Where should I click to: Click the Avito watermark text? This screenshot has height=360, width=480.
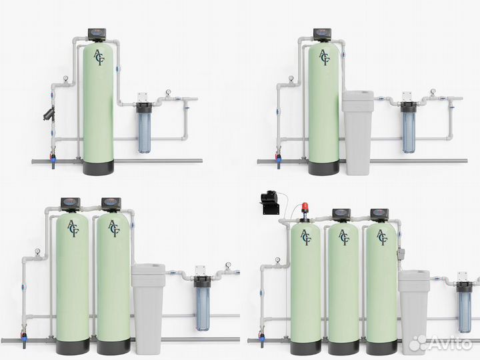451,343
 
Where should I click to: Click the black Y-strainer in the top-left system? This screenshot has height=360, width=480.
49,113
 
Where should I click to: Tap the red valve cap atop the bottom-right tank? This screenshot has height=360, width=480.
305,207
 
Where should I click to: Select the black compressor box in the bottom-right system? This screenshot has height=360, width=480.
270,203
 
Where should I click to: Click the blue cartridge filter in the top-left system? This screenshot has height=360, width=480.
143,127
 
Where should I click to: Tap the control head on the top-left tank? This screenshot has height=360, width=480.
97,35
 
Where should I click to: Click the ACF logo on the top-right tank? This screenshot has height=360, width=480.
324,57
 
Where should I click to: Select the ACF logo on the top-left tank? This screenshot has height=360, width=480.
99,57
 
